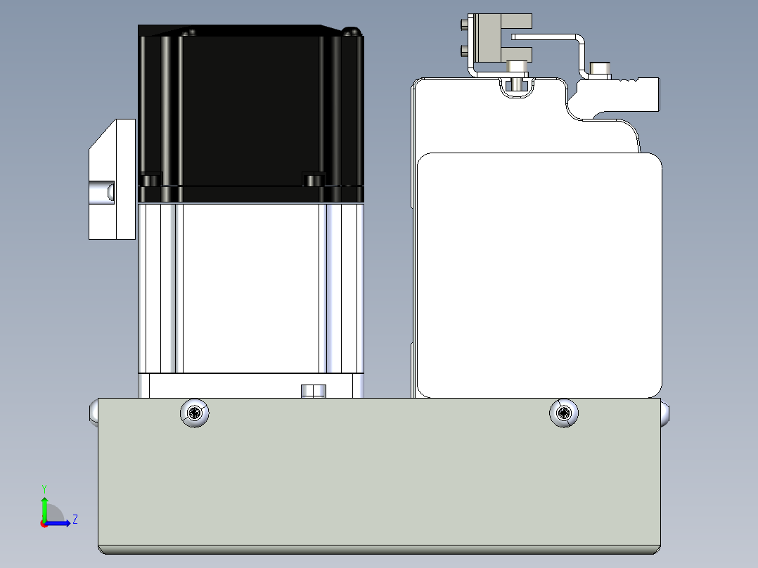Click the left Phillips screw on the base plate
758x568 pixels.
point(194,413)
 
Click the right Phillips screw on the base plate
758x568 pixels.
point(564,413)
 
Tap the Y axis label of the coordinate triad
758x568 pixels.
point(44,489)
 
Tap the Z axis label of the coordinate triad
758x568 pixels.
point(75,519)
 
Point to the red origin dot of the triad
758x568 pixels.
point(44,524)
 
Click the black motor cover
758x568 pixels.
point(250,114)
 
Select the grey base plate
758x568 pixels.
point(379,476)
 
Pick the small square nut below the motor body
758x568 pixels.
point(314,391)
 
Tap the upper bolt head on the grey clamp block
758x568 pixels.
point(464,22)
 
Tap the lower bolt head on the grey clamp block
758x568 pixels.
point(464,50)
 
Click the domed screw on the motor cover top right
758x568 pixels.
point(352,32)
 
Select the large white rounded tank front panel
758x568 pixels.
point(539,275)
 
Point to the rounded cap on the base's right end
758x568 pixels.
point(665,414)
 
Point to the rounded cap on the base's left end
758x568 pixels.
point(94,413)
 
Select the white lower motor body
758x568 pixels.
point(250,289)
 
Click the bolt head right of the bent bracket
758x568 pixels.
point(600,70)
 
